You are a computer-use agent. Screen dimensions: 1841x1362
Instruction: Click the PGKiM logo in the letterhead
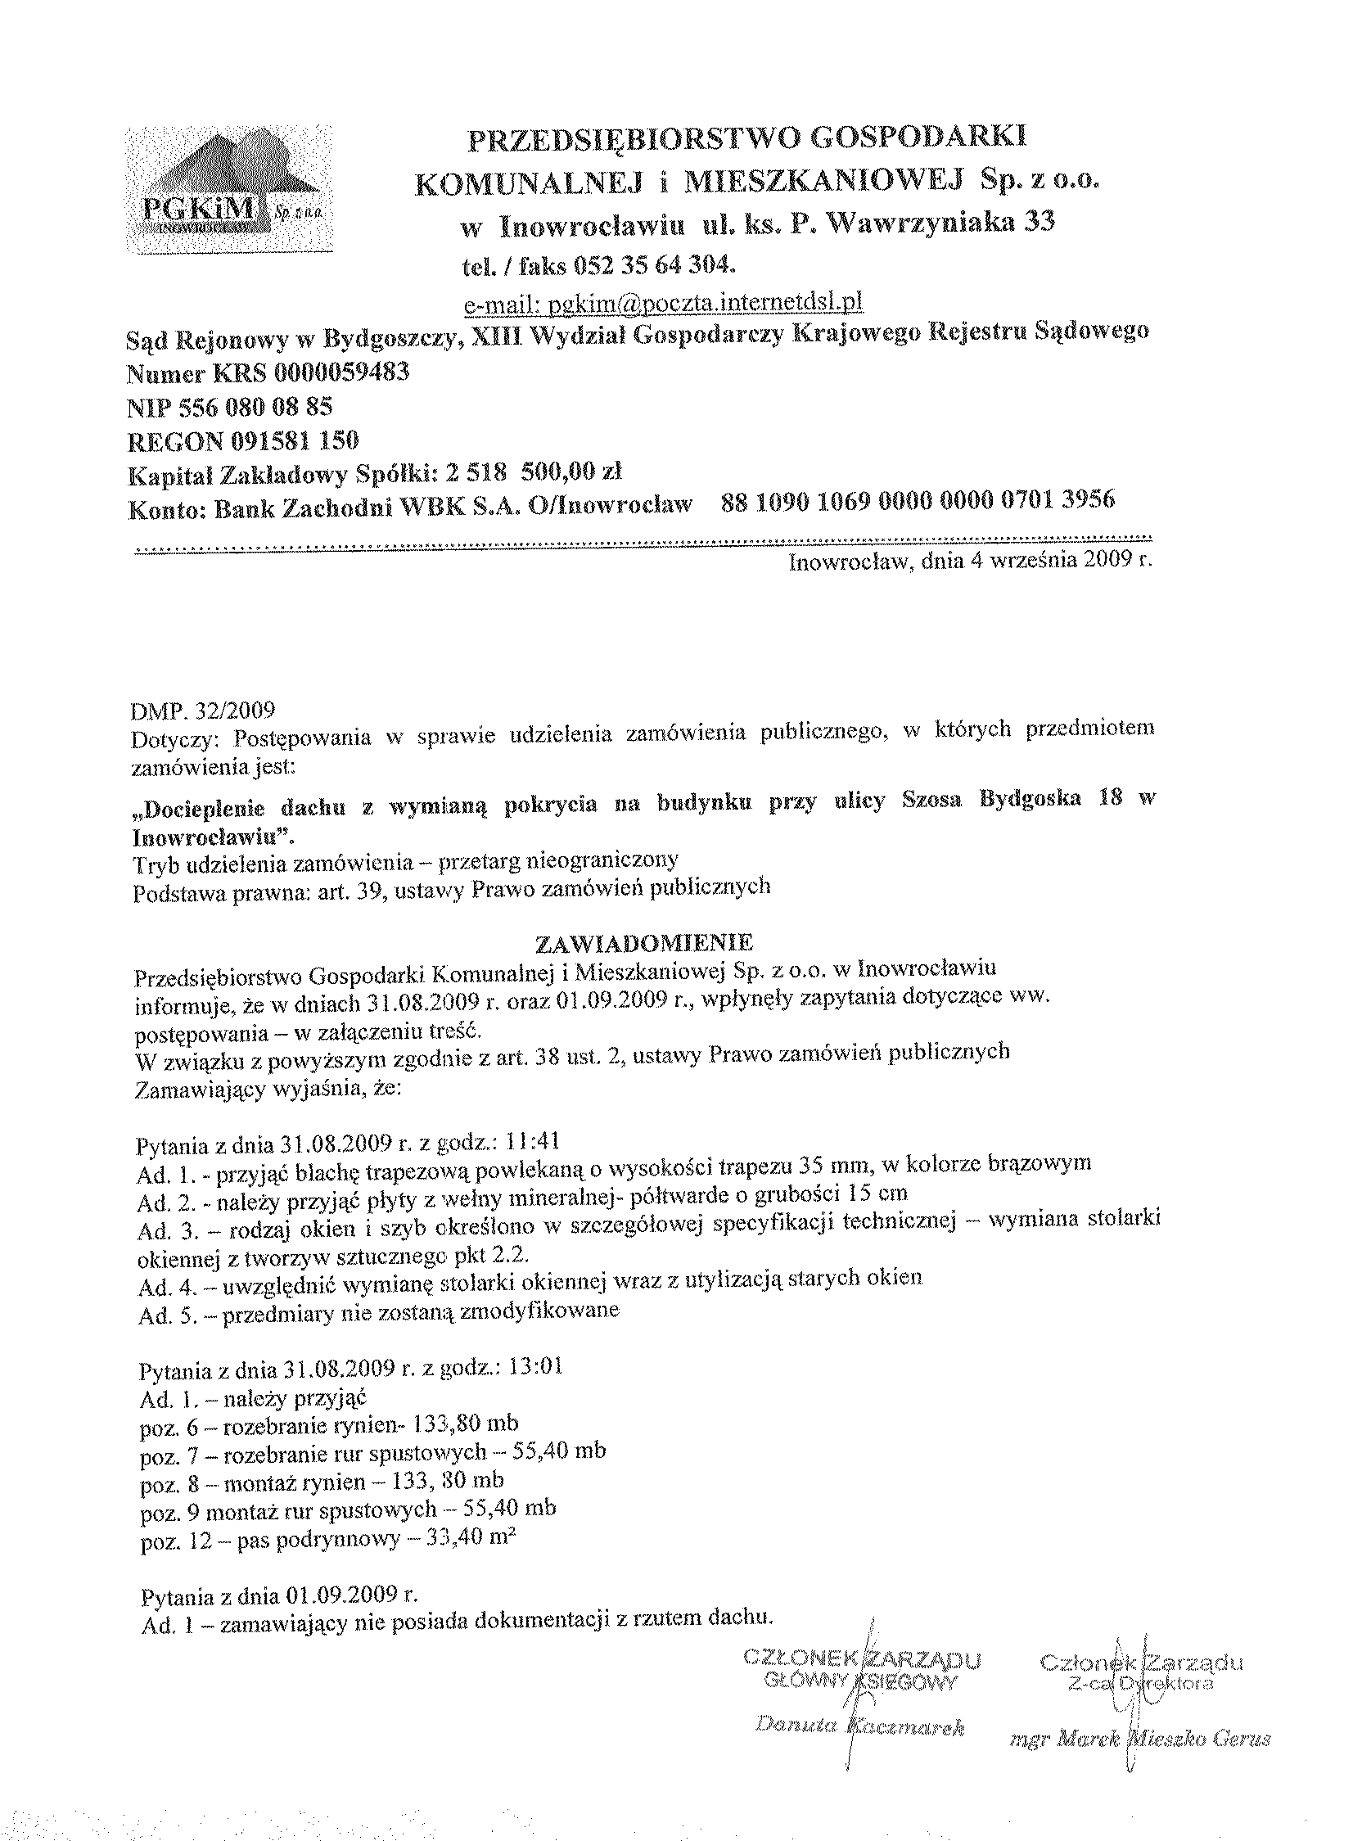pos(229,191)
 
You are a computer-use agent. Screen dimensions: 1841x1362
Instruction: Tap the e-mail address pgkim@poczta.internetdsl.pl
pos(664,303)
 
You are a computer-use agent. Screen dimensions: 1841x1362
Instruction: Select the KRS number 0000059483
pos(341,372)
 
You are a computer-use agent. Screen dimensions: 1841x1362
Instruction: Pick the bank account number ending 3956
pos(918,499)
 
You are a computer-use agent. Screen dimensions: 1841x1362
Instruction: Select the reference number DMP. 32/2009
pos(204,711)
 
